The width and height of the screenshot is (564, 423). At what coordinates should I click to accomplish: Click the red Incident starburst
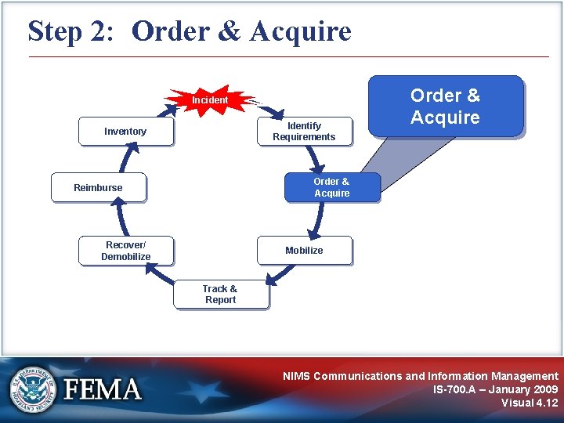(210, 100)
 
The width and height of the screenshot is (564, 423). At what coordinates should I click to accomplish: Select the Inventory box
(125, 132)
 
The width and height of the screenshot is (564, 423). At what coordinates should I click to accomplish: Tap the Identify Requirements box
(304, 132)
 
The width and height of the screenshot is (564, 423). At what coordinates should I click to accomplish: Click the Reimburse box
(98, 187)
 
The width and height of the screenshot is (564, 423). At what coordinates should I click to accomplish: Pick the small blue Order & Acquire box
(331, 187)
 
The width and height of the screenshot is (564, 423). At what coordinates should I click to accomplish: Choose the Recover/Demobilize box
(125, 251)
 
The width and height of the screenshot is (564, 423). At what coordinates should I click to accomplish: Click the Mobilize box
(304, 251)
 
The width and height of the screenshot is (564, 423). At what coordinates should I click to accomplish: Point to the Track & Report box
(220, 295)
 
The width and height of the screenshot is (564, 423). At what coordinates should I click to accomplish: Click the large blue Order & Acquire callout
(445, 107)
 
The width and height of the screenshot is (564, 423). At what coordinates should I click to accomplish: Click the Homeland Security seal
(34, 389)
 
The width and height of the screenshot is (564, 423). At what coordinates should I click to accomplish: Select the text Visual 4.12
(530, 403)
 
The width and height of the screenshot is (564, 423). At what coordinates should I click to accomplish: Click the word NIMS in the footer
(297, 376)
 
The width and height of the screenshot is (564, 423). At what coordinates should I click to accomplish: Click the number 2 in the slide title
(108, 32)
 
